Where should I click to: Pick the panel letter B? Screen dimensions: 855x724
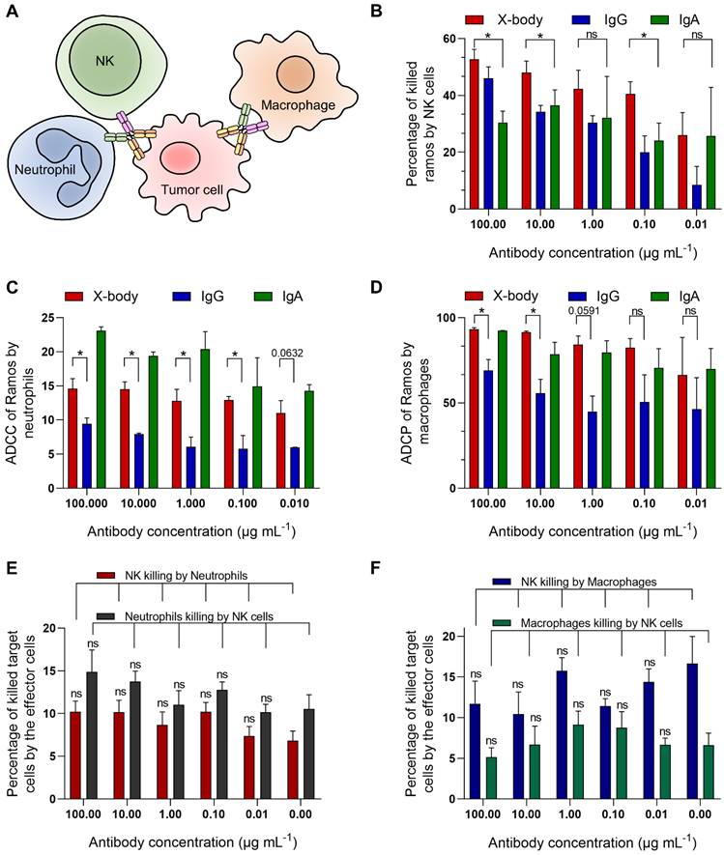click(388, 11)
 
